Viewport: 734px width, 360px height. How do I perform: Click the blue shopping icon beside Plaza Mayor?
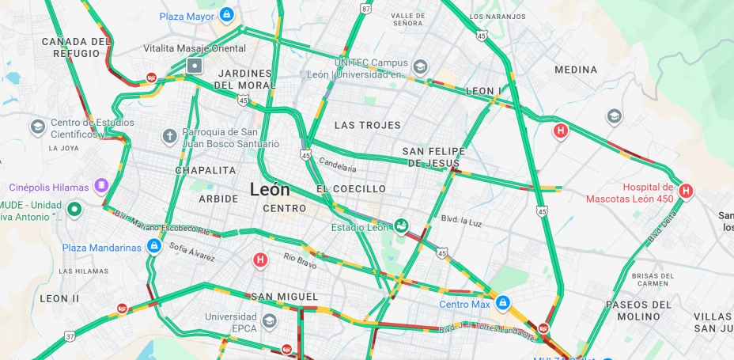(227, 14)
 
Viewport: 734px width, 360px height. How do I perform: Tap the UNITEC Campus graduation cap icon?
(420, 66)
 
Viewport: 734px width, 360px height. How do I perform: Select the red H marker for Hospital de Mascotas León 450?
(686, 190)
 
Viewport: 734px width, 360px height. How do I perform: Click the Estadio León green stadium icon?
(402, 227)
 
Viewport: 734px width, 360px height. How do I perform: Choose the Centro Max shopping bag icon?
(503, 303)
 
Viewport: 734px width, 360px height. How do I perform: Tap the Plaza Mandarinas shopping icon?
(154, 247)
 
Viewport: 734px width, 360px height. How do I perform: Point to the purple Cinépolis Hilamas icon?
(100, 187)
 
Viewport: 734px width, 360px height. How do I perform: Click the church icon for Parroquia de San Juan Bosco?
(169, 136)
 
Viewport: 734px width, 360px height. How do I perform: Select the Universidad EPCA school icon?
(270, 321)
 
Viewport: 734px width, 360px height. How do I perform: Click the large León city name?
(270, 190)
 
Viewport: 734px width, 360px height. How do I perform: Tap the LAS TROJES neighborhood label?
(367, 125)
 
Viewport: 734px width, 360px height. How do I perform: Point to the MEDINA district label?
(576, 70)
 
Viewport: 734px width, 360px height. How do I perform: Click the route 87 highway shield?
(365, 8)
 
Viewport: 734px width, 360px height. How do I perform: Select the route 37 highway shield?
(70, 336)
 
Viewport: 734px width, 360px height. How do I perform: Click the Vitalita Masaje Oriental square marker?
(195, 65)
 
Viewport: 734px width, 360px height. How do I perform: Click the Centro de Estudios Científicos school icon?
(37, 127)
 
